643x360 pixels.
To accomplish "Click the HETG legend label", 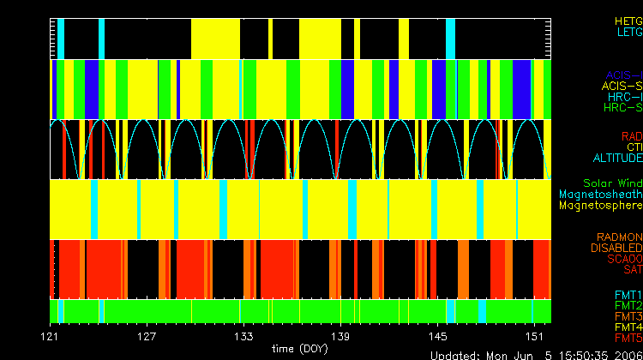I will tap(628, 20).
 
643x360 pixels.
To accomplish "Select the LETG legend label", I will tap(628, 32).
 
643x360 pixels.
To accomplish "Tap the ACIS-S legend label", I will tap(622, 86).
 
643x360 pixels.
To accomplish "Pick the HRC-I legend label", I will tap(623, 97).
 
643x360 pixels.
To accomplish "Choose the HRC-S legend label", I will tap(622, 108).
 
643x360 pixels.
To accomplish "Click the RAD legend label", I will tap(632, 136).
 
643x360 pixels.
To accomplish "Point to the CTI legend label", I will tap(634, 147).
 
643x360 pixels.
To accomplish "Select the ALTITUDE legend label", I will tap(617, 159).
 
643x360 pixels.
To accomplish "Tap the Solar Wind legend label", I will tap(612, 183).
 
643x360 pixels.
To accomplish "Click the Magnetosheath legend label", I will tap(600, 195).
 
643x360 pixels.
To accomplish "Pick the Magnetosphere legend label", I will tap(600, 206).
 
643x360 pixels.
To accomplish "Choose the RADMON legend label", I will tap(620, 237).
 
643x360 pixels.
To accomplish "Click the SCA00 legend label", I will tap(623, 259).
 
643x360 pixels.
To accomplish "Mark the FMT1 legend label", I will tap(628, 297).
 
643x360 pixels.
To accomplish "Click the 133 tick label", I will tap(244, 336).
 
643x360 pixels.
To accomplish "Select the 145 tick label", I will tap(438, 336).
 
